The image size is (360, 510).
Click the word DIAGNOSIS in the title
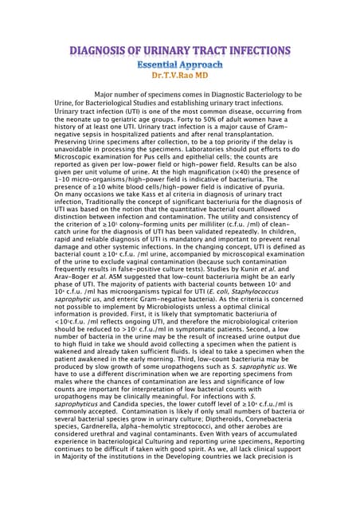(x=106, y=52)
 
